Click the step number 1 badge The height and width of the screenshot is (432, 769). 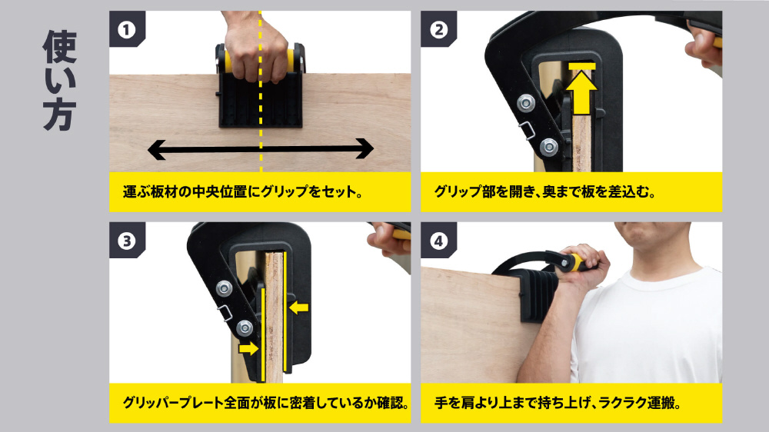[127, 29]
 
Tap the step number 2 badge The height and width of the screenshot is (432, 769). [438, 29]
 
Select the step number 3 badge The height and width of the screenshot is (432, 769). [127, 241]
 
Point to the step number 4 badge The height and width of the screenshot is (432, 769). [438, 241]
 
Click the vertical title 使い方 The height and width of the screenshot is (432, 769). [60, 80]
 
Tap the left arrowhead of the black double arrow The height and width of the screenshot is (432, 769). [157, 150]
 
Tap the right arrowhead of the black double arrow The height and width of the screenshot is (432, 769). [364, 148]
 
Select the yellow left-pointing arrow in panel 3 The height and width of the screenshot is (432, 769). [298, 307]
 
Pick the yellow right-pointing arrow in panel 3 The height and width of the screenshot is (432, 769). [248, 348]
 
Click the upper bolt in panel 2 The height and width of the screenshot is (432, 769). [526, 102]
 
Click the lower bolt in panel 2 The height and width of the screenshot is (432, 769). [548, 147]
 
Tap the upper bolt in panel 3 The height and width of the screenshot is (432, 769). [224, 287]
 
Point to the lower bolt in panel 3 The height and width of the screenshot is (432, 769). [245, 328]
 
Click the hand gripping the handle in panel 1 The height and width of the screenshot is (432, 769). [255, 49]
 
